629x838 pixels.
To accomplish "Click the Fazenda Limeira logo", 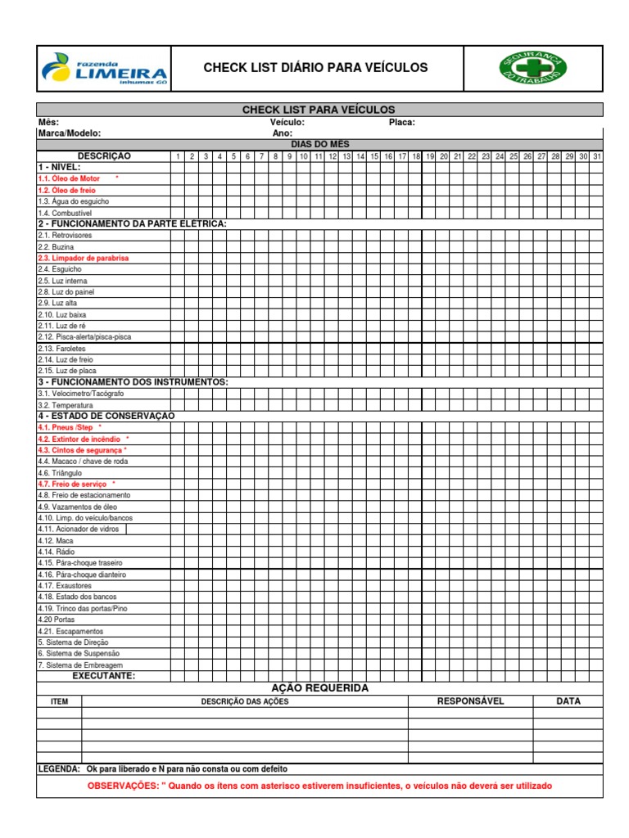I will (x=103, y=69).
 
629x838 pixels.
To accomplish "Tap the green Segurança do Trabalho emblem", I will (x=533, y=68).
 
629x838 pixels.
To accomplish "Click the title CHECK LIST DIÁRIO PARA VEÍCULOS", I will (x=315, y=68).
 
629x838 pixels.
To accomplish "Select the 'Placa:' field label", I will (x=402, y=122).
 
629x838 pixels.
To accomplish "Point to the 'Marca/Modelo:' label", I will (x=69, y=133).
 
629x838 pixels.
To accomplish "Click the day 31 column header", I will (x=596, y=156).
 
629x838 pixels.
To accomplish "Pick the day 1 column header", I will (x=178, y=156).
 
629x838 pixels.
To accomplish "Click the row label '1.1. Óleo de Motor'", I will (x=69, y=178).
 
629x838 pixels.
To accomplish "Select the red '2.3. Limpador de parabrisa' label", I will (x=83, y=258).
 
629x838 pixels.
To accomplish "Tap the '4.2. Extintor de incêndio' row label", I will (x=79, y=439).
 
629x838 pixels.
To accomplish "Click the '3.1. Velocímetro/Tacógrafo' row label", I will (x=77, y=394).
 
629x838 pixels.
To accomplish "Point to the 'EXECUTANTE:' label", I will (x=104, y=676).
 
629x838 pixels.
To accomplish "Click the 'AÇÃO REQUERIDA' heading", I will (x=319, y=688).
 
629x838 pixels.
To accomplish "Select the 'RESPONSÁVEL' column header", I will (x=470, y=701).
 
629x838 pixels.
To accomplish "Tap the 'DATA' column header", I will (x=568, y=701).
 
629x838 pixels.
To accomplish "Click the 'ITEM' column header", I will (x=59, y=702).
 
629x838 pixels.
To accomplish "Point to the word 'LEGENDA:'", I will (x=59, y=769).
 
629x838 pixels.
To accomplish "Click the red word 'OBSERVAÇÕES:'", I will (x=123, y=786).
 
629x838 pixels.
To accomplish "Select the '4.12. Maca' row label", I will (x=56, y=541).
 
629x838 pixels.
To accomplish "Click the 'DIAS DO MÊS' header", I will (x=319, y=144).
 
